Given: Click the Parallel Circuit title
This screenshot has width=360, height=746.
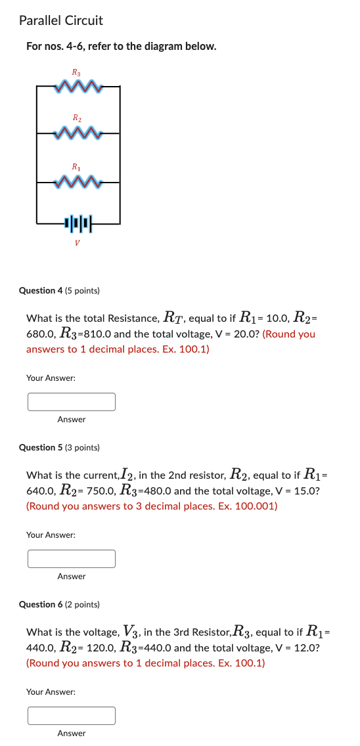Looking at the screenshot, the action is [x=61, y=21].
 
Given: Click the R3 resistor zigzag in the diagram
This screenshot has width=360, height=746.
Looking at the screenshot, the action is [x=78, y=86].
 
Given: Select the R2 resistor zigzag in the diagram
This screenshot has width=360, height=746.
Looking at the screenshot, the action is [x=78, y=133].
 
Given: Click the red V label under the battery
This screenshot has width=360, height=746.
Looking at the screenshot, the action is [x=78, y=243].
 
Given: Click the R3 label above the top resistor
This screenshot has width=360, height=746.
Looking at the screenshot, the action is [x=77, y=72].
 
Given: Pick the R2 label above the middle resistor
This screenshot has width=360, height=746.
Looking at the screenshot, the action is [x=77, y=119].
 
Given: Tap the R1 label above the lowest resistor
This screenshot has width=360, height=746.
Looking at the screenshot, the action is [x=77, y=166].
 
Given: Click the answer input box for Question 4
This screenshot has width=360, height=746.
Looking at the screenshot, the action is [x=71, y=401].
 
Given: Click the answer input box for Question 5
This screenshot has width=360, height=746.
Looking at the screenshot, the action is [x=71, y=558].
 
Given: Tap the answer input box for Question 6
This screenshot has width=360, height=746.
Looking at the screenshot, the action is [x=71, y=715].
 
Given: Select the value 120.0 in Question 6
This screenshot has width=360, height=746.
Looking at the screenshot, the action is [x=100, y=647].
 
